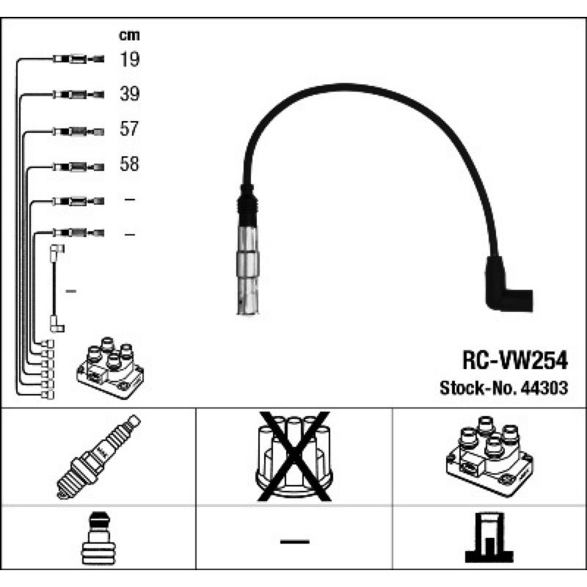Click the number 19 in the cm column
(x=129, y=59)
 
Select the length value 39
(x=129, y=94)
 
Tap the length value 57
(x=129, y=129)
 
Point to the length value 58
(x=129, y=164)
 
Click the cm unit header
(x=129, y=34)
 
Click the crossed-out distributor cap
(x=294, y=456)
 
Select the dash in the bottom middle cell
(x=294, y=542)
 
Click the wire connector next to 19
(x=77, y=59)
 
